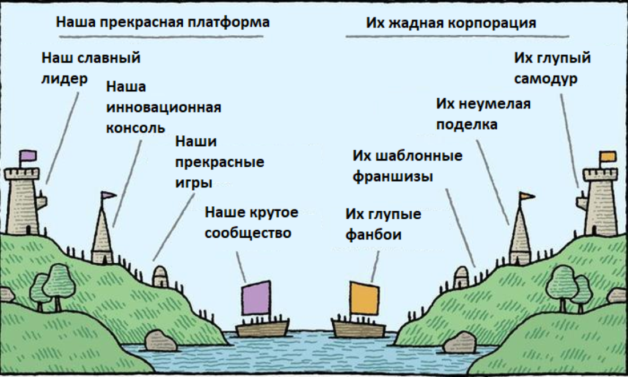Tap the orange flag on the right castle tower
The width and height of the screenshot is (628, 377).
607,157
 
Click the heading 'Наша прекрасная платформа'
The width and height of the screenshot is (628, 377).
163,22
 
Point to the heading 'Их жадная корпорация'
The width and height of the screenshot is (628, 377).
451,23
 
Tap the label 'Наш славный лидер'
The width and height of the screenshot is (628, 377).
91,68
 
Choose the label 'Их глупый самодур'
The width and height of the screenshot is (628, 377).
551,68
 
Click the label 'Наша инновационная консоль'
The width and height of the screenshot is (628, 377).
163,107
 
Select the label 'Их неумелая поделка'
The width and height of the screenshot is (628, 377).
483,114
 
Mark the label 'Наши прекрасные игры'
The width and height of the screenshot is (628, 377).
219,162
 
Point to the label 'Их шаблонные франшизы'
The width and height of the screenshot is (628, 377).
407,166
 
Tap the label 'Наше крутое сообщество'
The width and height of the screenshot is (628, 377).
252,223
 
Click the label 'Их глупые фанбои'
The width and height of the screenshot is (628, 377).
383,224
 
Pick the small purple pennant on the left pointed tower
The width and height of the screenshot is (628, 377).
108,195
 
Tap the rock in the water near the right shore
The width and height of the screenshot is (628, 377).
460,342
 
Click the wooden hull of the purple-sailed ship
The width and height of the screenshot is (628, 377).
262,329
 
